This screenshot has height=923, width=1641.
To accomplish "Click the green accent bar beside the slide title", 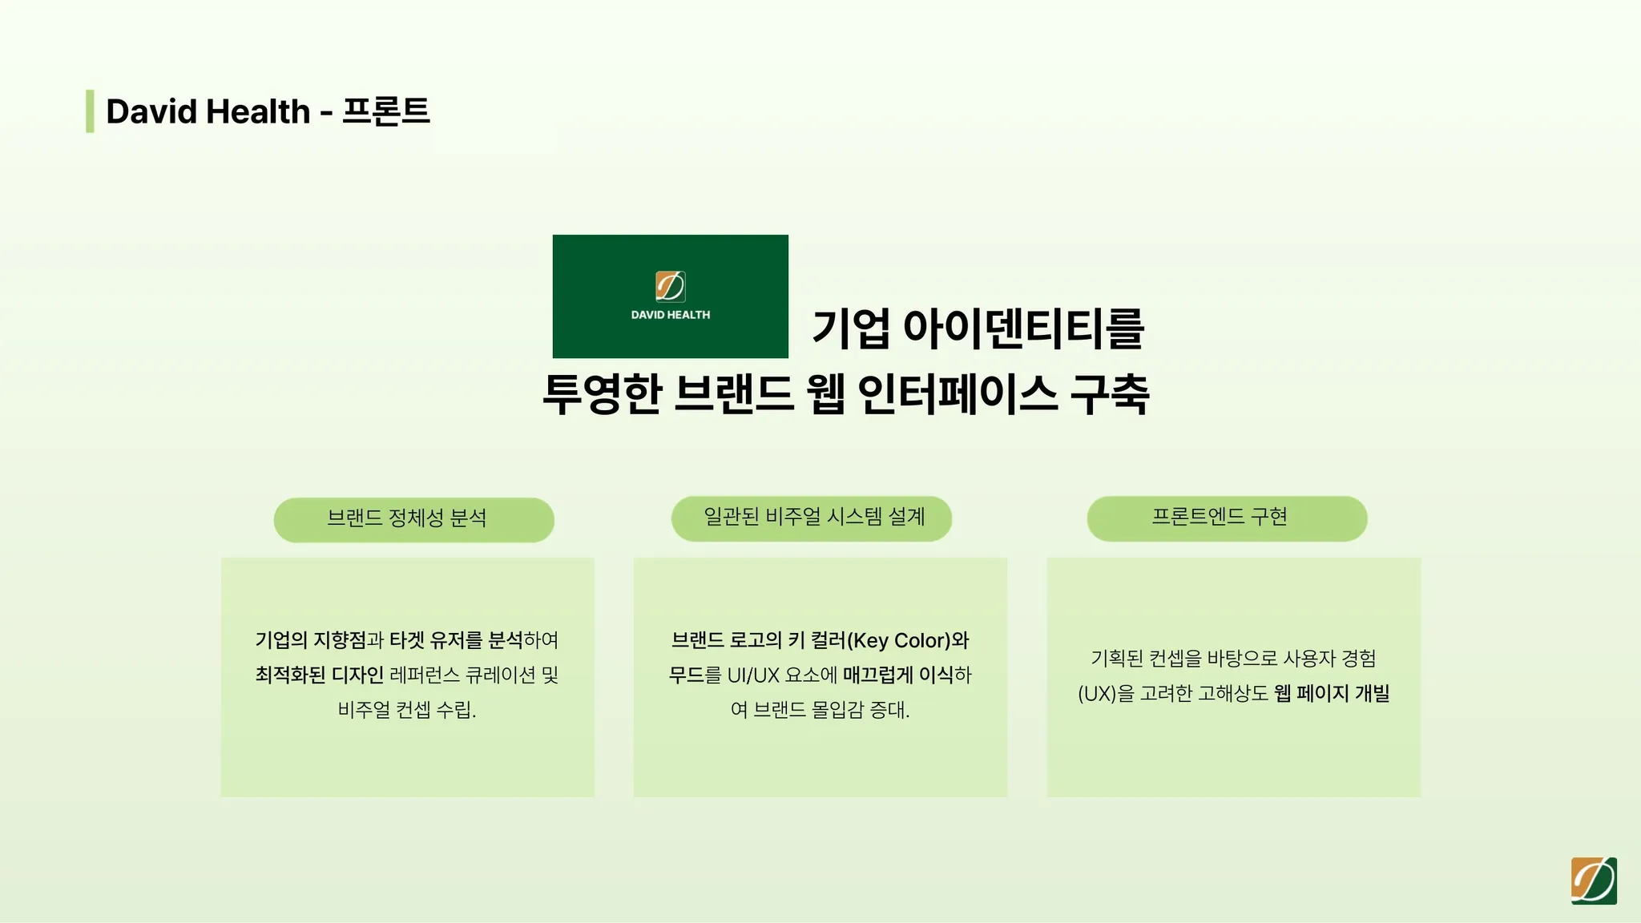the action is (x=90, y=111).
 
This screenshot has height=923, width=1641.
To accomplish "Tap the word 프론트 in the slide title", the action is (x=386, y=111).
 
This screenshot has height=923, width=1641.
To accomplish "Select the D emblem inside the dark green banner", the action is (x=671, y=286).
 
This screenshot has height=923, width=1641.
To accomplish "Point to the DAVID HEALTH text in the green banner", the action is (x=671, y=315).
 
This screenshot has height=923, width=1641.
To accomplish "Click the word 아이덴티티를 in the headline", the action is (x=1024, y=328).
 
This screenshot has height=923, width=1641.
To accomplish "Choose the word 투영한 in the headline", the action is (x=603, y=394).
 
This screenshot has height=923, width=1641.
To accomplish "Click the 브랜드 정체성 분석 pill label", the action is (x=407, y=518).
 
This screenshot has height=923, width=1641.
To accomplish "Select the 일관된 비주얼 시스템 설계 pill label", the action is (x=814, y=517).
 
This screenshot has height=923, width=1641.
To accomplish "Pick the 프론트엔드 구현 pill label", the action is (x=1220, y=517).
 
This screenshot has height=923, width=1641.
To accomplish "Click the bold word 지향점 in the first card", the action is (x=340, y=640).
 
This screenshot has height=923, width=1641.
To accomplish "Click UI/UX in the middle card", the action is (x=753, y=675).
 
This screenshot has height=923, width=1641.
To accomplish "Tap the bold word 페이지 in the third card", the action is (x=1323, y=693).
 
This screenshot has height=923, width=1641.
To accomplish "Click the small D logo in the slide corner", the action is (x=1594, y=881).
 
